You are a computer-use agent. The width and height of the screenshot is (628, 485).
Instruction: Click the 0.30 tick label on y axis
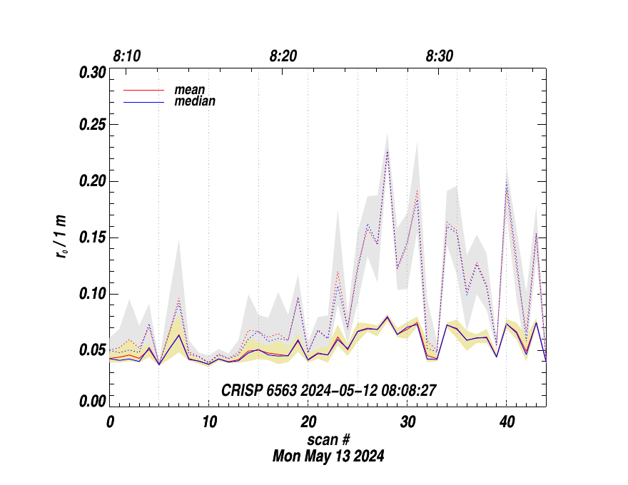[92, 73]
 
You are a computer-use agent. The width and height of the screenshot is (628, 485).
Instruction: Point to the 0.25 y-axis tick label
[92, 126]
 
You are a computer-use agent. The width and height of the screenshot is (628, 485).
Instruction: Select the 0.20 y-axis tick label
[92, 182]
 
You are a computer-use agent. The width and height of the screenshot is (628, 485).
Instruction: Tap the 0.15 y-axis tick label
[92, 238]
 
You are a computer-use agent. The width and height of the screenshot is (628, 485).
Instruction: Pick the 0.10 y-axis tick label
[92, 294]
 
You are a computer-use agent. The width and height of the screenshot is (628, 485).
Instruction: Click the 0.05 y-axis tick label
[92, 349]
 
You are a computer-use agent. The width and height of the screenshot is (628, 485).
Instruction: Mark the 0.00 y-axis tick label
[92, 402]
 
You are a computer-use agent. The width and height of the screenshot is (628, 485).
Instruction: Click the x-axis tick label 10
[208, 422]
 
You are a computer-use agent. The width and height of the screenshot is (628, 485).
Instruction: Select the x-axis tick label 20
[308, 422]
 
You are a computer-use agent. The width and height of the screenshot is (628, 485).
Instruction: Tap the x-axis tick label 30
[407, 422]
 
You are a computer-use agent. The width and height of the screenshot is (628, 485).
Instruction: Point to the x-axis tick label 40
[506, 422]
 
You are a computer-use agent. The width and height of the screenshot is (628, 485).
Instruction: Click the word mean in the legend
[190, 91]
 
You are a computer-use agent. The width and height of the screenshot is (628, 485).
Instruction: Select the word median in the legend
[195, 101]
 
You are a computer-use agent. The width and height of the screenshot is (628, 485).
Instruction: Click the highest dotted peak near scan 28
[387, 151]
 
